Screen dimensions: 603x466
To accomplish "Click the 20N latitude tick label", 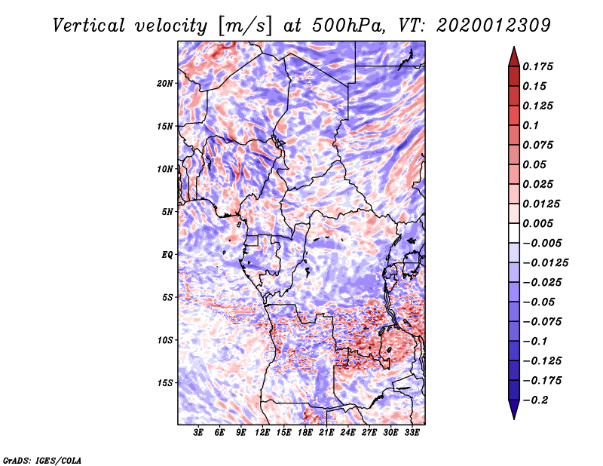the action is [165, 84].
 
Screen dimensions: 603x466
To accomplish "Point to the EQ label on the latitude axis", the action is [167, 255].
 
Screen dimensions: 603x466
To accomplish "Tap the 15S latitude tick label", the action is [165, 383].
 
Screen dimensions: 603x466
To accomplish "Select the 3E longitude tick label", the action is [198, 433].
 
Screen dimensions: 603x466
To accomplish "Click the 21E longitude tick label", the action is [326, 433].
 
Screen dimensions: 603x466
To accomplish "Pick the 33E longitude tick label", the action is [412, 433].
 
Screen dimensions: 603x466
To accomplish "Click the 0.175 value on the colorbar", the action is [537, 66].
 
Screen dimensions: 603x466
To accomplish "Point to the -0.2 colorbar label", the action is [535, 400].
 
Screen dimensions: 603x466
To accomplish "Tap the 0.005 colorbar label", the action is [537, 223].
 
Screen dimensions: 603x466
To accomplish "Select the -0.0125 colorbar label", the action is [545, 263].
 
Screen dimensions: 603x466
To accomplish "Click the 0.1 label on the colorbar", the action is [531, 125].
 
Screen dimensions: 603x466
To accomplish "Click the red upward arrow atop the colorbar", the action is [514, 57].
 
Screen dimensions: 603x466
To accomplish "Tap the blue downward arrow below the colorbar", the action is [514, 409].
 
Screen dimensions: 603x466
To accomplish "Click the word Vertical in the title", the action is [89, 26].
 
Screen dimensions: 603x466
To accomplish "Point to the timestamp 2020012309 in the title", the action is [494, 26].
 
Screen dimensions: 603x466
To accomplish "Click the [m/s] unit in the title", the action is [246, 26].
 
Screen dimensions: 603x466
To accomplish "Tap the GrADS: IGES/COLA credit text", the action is [42, 460].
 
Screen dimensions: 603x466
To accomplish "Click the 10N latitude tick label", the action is [165, 169].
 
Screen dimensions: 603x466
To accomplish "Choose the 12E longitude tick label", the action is [262, 433].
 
